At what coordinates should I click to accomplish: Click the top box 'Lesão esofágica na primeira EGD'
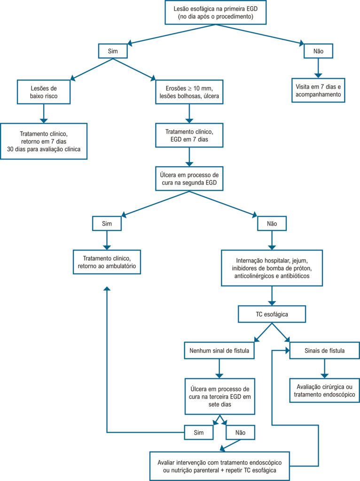(x=215, y=12)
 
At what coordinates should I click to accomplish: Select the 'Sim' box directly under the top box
(x=113, y=51)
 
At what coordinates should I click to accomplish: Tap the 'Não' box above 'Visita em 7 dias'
(x=318, y=51)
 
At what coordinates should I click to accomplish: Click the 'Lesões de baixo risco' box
(x=44, y=92)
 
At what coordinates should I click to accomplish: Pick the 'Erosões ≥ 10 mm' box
(x=189, y=92)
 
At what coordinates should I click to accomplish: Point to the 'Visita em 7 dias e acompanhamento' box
(x=318, y=91)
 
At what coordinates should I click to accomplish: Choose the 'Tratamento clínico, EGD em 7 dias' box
(x=189, y=135)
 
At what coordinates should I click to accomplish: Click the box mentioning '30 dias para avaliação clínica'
(x=44, y=141)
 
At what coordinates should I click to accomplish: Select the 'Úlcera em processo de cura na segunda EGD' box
(x=189, y=178)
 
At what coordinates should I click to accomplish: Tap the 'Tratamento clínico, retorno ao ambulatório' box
(x=107, y=262)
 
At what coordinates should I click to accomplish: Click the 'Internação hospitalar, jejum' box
(x=272, y=268)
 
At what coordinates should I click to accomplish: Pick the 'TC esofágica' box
(x=272, y=314)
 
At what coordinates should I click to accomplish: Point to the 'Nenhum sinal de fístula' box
(x=219, y=350)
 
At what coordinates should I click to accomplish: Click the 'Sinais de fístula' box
(x=324, y=350)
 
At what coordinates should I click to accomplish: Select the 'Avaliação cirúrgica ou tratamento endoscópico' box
(x=324, y=390)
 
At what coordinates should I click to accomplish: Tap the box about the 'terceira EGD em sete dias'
(x=220, y=396)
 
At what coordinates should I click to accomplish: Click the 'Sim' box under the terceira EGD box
(x=199, y=433)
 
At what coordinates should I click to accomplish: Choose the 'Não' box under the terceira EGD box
(x=240, y=433)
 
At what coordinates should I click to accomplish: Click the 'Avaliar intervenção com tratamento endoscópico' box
(x=219, y=466)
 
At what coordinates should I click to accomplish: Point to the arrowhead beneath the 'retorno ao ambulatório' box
(x=107, y=289)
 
